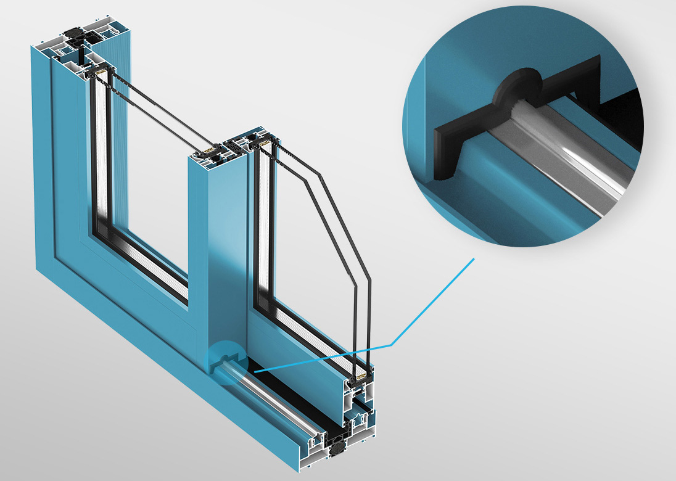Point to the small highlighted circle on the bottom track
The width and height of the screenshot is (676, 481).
tap(226, 363)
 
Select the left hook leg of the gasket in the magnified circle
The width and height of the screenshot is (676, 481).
tap(445, 154)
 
